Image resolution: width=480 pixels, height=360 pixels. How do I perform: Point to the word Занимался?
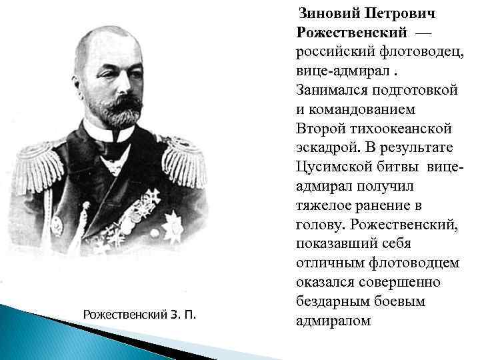(x=327, y=89)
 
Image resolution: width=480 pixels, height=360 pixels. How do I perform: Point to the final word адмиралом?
(x=331, y=321)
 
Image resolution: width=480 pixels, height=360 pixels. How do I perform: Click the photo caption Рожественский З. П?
(x=139, y=313)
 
